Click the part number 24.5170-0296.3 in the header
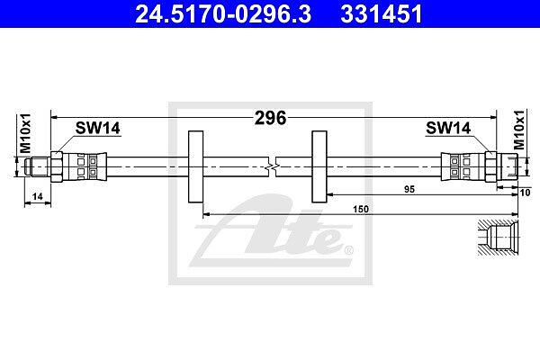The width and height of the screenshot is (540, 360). [x=223, y=13]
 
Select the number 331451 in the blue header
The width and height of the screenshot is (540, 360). [x=382, y=13]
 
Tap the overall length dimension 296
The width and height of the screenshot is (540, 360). [x=270, y=118]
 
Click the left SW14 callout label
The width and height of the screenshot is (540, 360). [x=98, y=128]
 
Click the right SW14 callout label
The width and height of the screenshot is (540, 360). [x=448, y=128]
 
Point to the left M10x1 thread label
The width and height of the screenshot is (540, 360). [x=25, y=133]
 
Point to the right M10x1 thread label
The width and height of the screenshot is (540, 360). [x=519, y=130]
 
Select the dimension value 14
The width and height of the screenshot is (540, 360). [x=37, y=196]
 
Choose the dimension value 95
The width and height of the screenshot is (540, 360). [x=409, y=189]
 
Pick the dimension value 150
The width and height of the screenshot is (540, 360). [x=361, y=209]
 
